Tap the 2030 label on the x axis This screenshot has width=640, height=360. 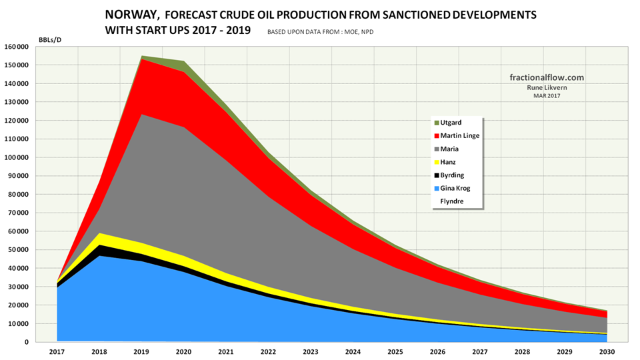click(607, 351)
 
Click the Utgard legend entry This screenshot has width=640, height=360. click(450, 123)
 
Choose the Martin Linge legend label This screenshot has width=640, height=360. click(459, 136)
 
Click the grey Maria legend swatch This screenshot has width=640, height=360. click(437, 149)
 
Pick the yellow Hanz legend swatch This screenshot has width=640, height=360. click(437, 162)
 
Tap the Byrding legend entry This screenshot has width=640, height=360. click(453, 175)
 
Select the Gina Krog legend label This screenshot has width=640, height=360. click(455, 188)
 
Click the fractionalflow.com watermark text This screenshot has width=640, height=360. click(546, 77)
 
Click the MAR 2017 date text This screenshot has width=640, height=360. click(546, 96)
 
